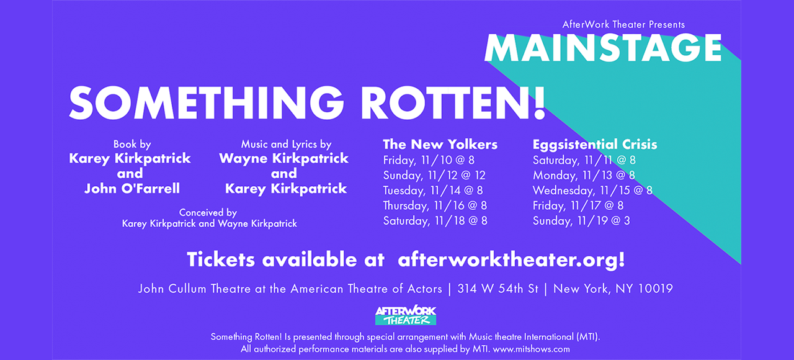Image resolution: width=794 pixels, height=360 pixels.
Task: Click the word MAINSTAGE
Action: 603,48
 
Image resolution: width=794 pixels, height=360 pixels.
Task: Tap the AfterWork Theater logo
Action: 406,315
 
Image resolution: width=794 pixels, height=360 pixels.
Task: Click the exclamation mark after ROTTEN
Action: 538,103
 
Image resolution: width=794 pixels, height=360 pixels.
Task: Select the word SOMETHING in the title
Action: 207,103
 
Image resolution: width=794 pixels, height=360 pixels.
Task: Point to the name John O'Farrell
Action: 132,188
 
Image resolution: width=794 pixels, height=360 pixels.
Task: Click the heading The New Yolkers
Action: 440,145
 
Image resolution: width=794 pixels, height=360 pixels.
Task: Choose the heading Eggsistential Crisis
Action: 595,145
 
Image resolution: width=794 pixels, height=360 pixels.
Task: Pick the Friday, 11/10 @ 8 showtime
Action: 429,160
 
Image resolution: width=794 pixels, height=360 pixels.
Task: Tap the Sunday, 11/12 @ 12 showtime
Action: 434,175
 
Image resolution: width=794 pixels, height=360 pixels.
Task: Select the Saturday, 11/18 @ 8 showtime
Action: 435,220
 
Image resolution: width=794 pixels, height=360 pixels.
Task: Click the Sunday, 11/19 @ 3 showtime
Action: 581,220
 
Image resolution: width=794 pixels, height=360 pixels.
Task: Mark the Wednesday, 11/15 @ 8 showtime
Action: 592,191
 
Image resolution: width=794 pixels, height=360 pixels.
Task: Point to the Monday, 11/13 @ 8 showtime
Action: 584,175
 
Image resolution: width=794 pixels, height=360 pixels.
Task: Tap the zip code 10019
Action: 655,289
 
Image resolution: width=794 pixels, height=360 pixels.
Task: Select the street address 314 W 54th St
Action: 497,289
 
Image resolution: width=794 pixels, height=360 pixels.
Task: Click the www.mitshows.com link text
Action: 532,349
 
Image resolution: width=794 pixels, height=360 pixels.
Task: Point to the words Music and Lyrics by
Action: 286,144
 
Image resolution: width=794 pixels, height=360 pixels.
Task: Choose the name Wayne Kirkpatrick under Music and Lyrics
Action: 284,158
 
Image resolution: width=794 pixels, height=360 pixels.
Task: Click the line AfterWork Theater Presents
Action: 623,24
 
